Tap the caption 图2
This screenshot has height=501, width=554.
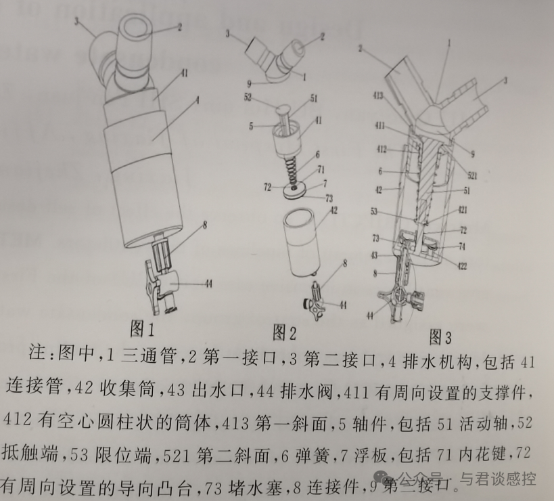point(285,332)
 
